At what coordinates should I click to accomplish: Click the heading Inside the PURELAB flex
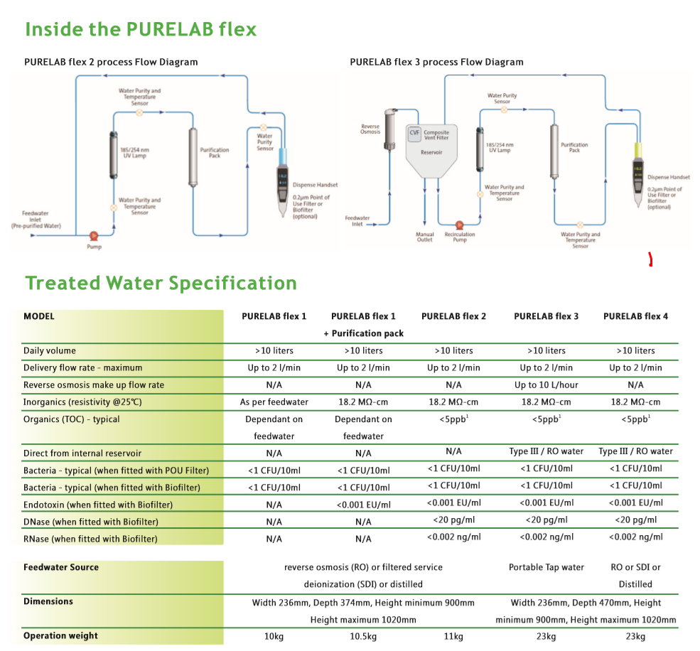click(141, 30)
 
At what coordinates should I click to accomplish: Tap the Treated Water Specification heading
click(161, 283)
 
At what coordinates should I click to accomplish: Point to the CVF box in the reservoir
click(414, 133)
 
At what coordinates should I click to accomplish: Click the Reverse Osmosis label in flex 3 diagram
click(370, 129)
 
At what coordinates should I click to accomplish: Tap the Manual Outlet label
click(424, 237)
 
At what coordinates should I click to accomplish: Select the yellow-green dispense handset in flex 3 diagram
click(638, 174)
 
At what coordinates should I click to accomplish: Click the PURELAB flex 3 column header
click(546, 316)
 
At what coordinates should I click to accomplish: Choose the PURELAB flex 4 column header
click(635, 316)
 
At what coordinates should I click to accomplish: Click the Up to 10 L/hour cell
click(546, 385)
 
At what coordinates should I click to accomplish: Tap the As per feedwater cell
click(274, 402)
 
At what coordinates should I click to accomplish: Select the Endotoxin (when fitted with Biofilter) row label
click(98, 505)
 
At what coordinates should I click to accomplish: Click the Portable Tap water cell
click(546, 567)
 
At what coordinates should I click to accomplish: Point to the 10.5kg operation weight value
click(363, 636)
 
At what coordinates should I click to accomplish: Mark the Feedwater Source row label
click(61, 567)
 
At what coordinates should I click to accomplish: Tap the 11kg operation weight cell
click(453, 636)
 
